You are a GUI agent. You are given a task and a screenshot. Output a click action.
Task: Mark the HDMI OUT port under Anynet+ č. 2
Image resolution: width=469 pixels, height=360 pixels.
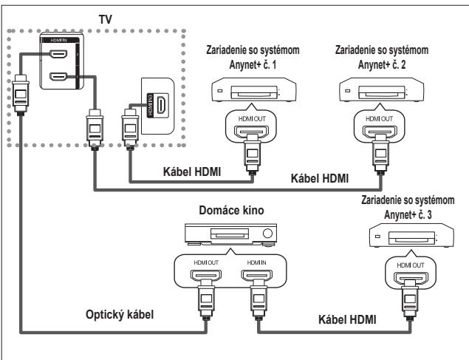[381, 133]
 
